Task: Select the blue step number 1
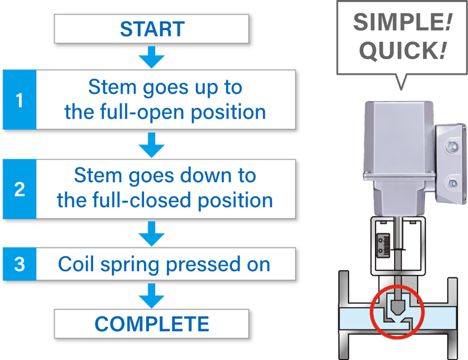coord(19,100)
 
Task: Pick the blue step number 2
coord(19,189)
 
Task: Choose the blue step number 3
coord(19,265)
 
